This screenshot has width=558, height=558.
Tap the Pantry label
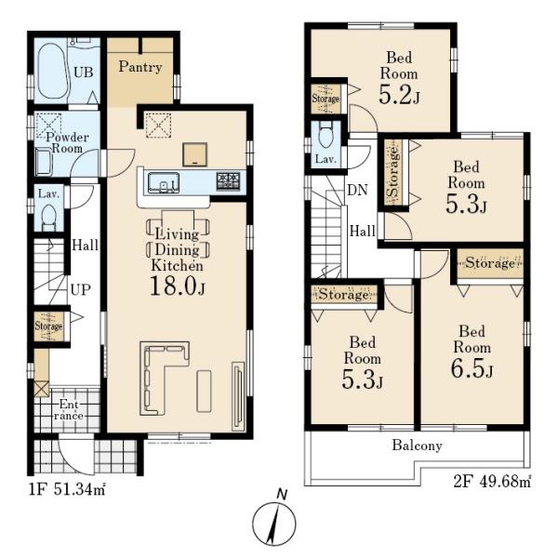140,67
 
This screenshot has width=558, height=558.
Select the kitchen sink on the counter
164,183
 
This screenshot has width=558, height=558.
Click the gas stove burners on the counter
228,180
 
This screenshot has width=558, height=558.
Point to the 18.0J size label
178,286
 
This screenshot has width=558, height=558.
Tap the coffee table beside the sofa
204,391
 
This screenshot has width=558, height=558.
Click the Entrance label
69,410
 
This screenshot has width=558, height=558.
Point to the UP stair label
80,289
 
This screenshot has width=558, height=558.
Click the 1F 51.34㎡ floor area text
67,490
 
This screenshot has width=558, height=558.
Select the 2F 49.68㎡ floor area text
492,482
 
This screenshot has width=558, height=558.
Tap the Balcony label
417,445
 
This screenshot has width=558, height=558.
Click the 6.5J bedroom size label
472,368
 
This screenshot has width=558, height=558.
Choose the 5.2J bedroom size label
399,95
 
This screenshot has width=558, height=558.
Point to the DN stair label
357,191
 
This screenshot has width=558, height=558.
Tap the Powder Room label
67,142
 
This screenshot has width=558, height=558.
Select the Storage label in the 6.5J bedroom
490,263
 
